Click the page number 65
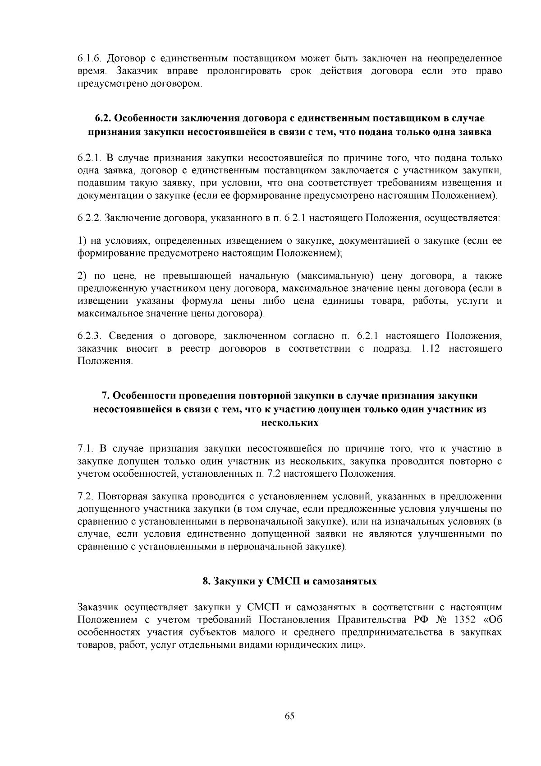click(x=289, y=716)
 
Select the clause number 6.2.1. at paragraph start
click(x=88, y=158)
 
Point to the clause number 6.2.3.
click(x=88, y=336)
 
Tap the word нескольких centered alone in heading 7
click(x=290, y=423)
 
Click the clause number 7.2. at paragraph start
click(x=85, y=496)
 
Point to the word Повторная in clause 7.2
click(x=123, y=496)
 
